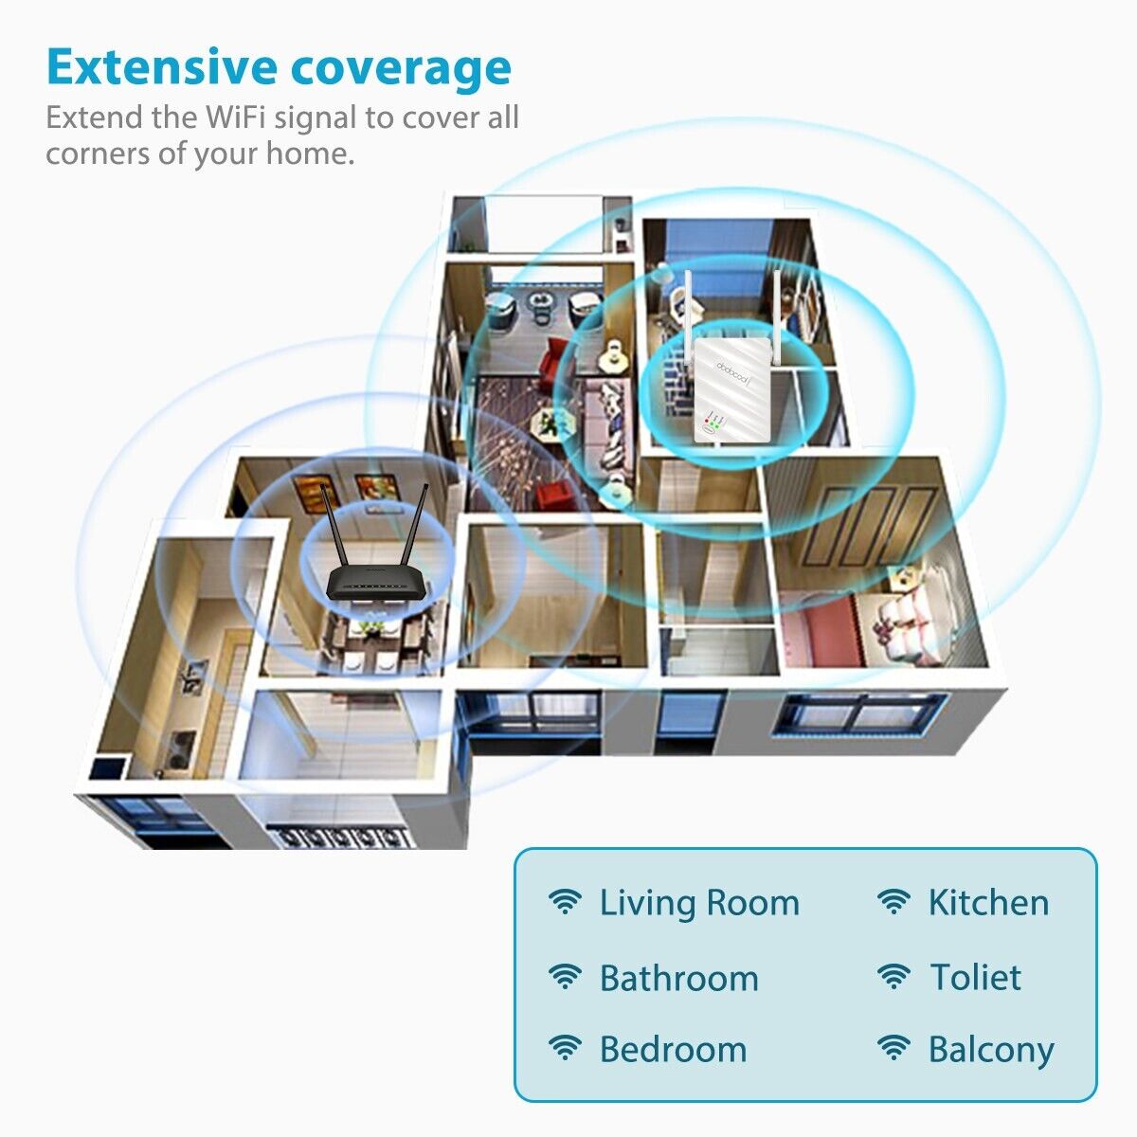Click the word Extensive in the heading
(161, 68)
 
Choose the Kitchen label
(988, 903)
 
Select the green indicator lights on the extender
(714, 423)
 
